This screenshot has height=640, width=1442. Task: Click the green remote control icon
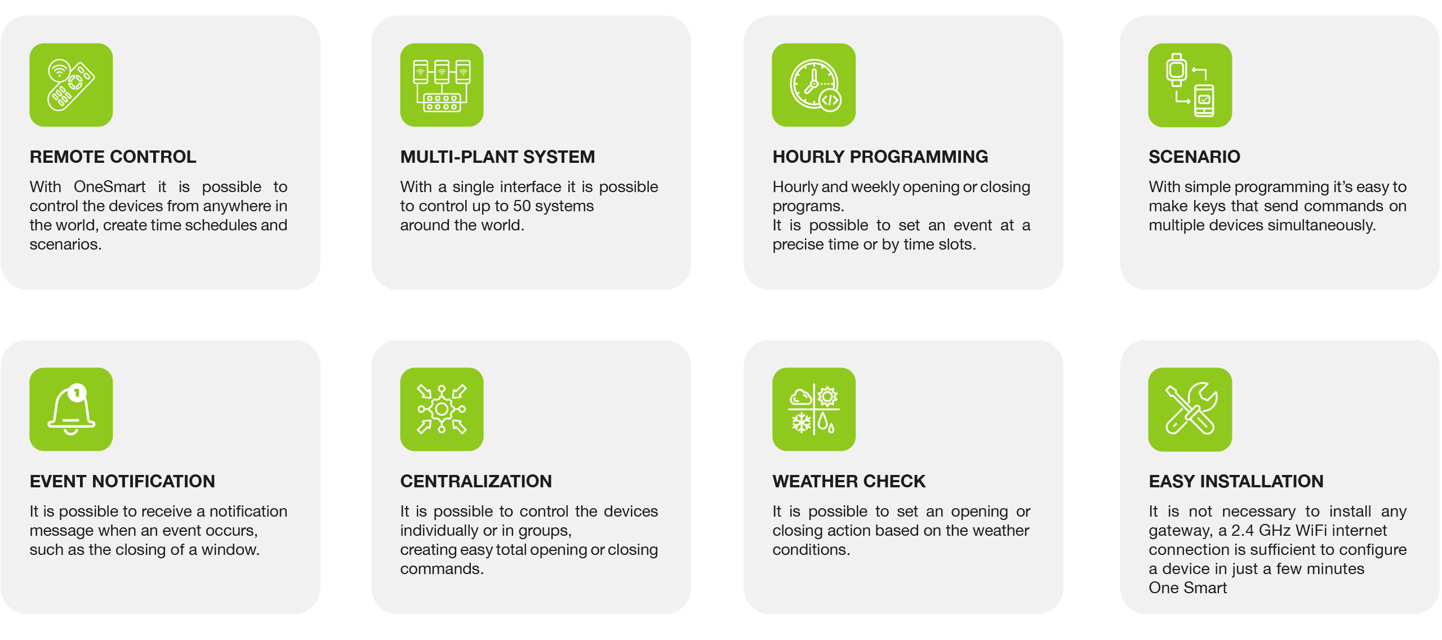coord(71,85)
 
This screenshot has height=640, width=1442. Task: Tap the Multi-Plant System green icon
coord(442,85)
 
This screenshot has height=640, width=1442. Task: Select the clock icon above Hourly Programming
coord(813,85)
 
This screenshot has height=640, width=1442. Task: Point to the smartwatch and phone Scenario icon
coord(1190,85)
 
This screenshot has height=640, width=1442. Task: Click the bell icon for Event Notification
coord(71,409)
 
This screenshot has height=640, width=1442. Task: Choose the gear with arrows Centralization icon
coord(442,409)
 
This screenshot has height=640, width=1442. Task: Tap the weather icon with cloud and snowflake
coord(813,409)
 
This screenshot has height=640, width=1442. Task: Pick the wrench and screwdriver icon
coord(1190,409)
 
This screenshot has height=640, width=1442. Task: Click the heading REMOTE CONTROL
coord(113,157)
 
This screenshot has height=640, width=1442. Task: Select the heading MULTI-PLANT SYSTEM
coord(497,157)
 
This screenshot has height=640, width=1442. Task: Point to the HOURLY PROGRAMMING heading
coord(880,157)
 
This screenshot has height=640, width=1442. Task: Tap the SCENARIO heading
coord(1194,157)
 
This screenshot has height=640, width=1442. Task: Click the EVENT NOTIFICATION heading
coord(122,481)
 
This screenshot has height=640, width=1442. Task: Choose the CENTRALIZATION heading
coord(476,481)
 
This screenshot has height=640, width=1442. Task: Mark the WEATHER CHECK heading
coord(849,481)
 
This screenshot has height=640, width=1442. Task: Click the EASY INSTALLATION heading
coord(1236,481)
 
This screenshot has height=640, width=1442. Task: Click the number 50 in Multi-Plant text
coord(522,206)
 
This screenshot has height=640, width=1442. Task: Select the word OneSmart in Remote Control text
coord(109,187)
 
